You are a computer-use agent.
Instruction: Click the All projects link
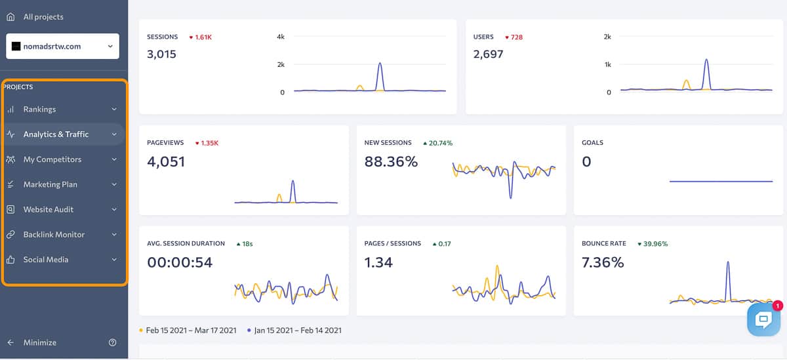(43, 16)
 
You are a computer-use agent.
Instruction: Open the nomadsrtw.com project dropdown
(63, 47)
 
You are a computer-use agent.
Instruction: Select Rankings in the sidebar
(39, 110)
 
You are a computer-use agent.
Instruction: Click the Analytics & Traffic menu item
(56, 134)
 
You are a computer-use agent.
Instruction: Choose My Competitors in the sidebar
(52, 159)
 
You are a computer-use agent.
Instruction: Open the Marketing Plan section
(50, 184)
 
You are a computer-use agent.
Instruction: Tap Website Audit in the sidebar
(49, 209)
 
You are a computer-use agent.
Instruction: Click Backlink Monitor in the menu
(54, 234)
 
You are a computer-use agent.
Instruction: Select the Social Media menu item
(46, 260)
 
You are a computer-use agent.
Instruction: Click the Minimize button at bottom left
(39, 342)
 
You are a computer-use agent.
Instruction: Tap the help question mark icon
(112, 342)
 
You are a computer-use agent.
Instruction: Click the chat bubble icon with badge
(763, 319)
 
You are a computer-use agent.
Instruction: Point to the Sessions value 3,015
(161, 54)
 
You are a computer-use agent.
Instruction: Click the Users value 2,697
(488, 54)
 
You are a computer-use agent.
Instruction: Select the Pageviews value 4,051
(166, 161)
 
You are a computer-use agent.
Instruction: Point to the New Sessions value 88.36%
(391, 161)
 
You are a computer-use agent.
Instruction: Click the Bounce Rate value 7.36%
(603, 263)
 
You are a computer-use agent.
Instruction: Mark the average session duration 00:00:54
(180, 263)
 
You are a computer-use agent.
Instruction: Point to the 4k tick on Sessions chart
(281, 37)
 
